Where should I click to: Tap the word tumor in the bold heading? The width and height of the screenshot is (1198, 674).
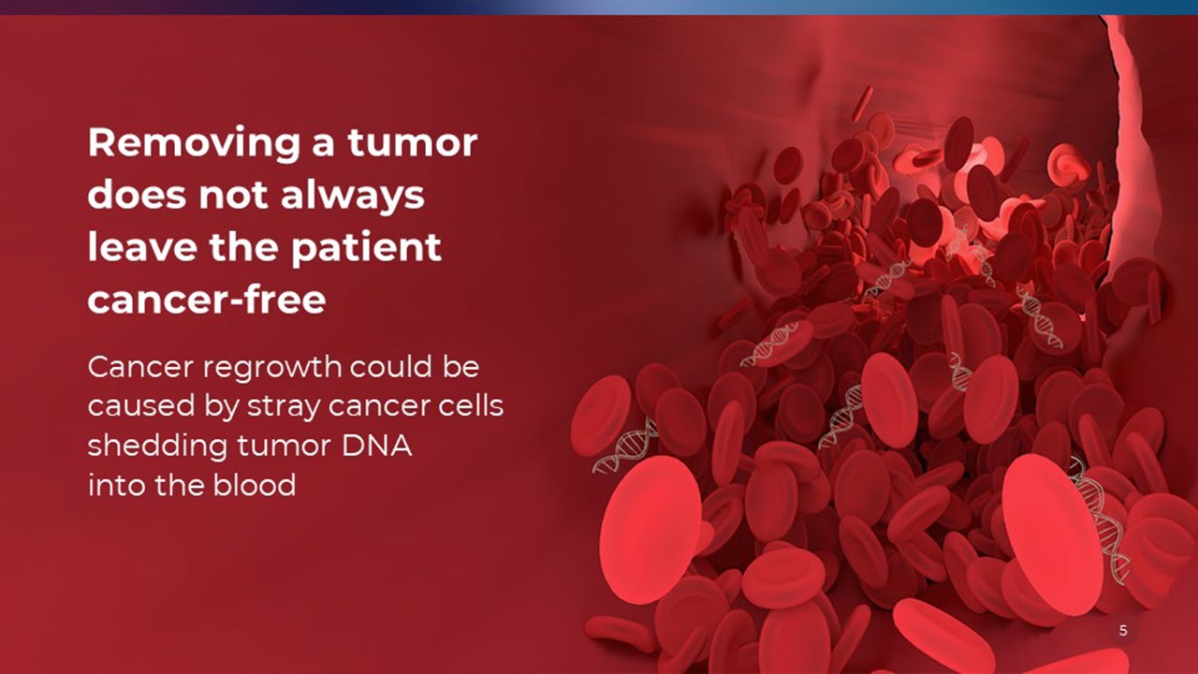(x=413, y=142)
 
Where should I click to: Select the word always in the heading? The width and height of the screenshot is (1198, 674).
(x=353, y=195)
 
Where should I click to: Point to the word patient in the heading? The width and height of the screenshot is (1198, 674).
(x=366, y=248)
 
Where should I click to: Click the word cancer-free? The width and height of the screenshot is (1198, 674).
(x=207, y=300)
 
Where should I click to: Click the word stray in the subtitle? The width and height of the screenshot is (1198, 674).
(x=284, y=407)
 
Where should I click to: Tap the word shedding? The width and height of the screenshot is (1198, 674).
(x=157, y=447)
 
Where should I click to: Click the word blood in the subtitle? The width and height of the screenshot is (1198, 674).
(x=254, y=485)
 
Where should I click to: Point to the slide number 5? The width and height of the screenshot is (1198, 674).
(x=1123, y=630)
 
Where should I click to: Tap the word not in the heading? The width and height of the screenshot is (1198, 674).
(x=233, y=196)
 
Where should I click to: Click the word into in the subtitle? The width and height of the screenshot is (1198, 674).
(x=117, y=485)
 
